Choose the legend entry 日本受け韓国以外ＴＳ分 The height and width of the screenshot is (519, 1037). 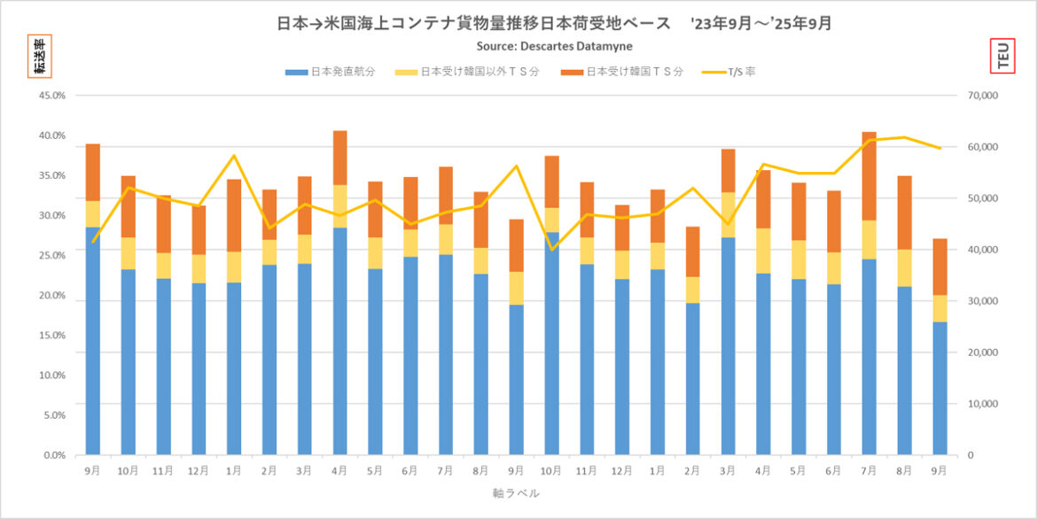coord(480,72)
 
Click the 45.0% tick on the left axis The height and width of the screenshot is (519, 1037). coord(51,96)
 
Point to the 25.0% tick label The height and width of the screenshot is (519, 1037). coord(51,255)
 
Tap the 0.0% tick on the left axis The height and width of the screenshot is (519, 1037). coord(54,455)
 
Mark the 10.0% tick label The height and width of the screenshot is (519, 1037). coord(51,376)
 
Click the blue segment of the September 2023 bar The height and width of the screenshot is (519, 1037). coord(92,341)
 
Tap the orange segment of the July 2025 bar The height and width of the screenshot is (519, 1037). coord(869,176)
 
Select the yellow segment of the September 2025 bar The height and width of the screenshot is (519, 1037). coord(940,308)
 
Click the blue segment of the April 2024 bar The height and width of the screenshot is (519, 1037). coord(339,341)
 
